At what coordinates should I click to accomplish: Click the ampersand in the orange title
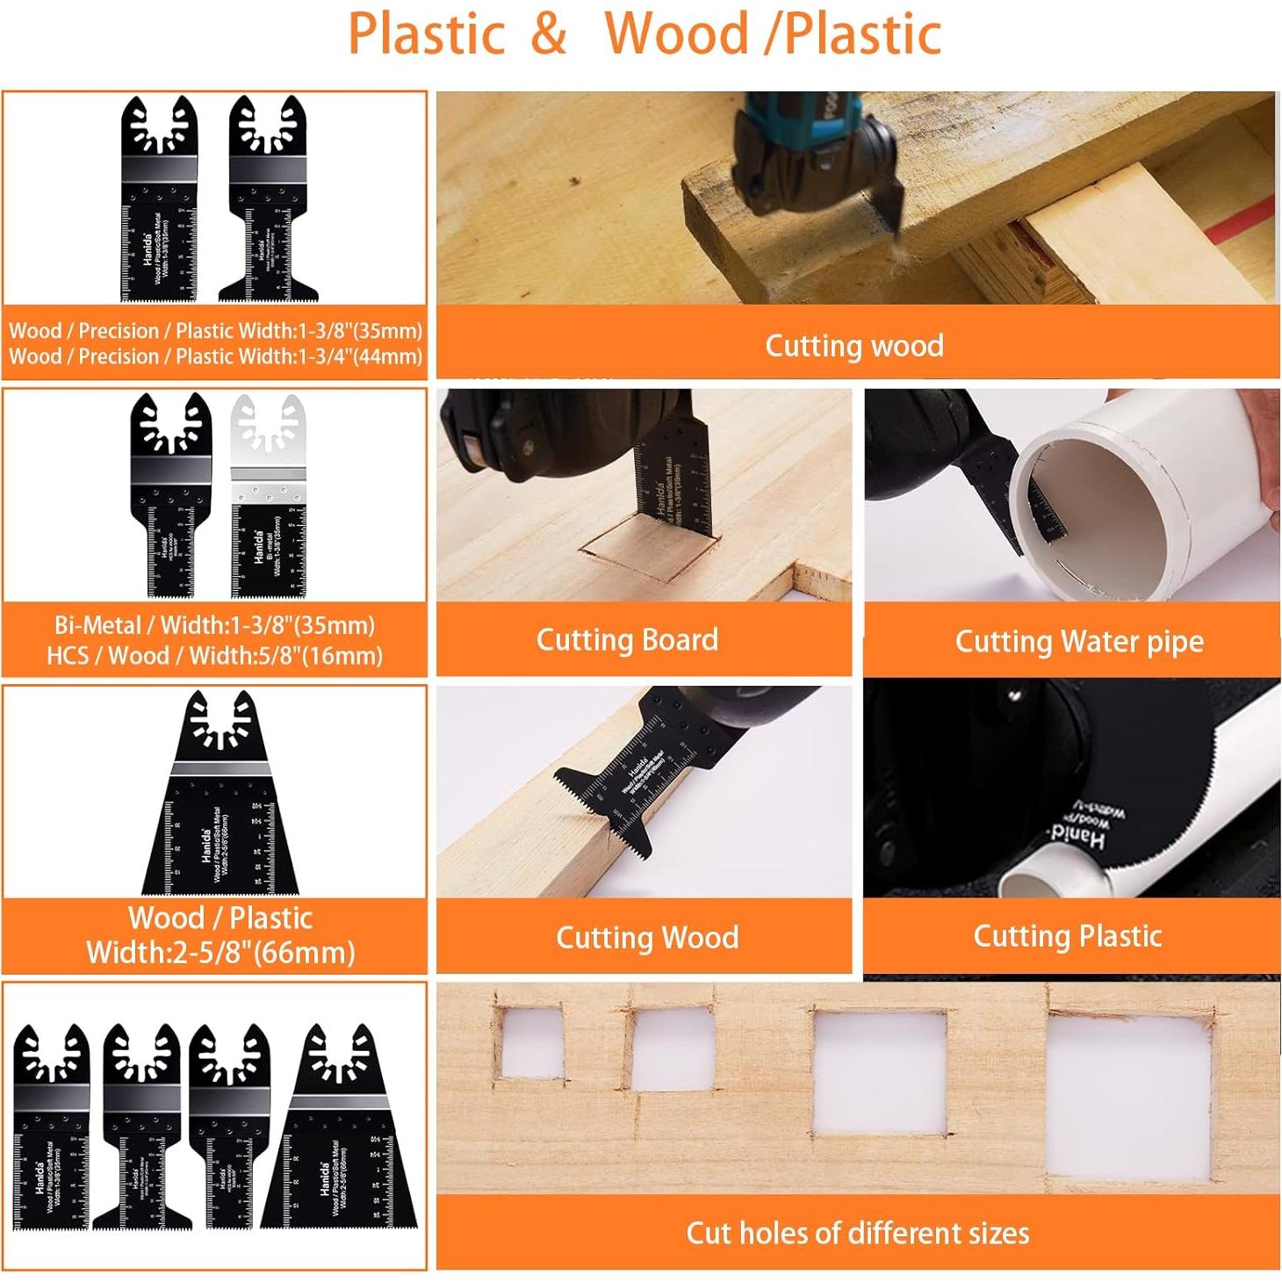pyautogui.click(x=548, y=33)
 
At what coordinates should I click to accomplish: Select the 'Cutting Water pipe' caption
pyautogui.click(x=1078, y=641)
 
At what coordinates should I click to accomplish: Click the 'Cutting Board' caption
pyautogui.click(x=627, y=639)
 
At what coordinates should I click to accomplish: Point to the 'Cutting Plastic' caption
pyautogui.click(x=1067, y=936)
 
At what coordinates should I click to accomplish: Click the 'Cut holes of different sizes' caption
pyautogui.click(x=857, y=1233)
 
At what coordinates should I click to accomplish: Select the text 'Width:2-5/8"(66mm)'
pyautogui.click(x=220, y=953)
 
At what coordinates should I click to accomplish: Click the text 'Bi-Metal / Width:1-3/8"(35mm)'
pyautogui.click(x=214, y=625)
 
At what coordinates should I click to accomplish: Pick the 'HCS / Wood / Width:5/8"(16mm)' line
pyautogui.click(x=214, y=656)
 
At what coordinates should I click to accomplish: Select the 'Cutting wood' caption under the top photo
pyautogui.click(x=853, y=345)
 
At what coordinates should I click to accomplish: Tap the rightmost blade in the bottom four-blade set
pyautogui.click(x=341, y=1133)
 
